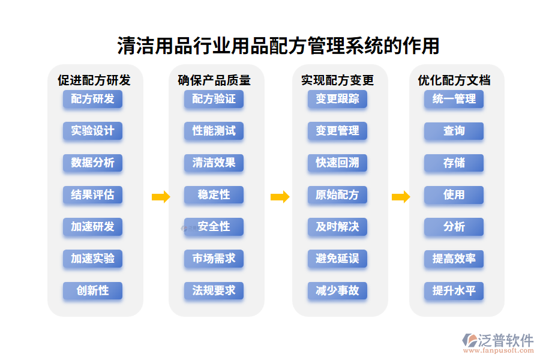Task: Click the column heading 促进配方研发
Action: coord(94,80)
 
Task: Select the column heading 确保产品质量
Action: coord(214,80)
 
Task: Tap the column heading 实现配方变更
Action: coord(338,80)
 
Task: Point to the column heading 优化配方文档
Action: coord(454,80)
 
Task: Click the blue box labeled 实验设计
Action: coord(92,131)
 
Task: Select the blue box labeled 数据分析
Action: coord(92,163)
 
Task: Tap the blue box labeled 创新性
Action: coord(92,290)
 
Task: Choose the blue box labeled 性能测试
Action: coord(214,131)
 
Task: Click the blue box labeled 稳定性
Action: coord(214,195)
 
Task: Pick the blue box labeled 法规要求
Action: coord(214,290)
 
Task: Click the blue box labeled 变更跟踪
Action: coord(337,99)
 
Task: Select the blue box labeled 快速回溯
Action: coord(337,163)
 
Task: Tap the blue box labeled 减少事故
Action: coord(337,290)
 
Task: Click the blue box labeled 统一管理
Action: coord(454,99)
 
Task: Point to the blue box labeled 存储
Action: coord(454,163)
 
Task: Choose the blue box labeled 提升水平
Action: coord(454,290)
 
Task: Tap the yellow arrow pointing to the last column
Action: coord(401,196)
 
